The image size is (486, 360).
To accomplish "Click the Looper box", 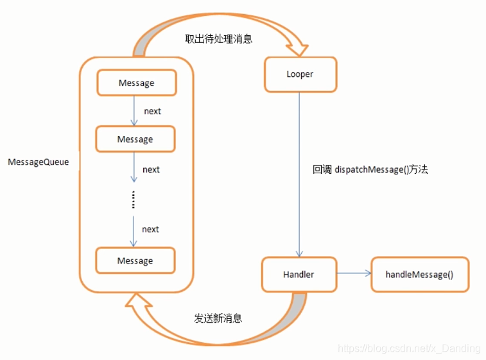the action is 300,74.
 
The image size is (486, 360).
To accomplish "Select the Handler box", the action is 299,275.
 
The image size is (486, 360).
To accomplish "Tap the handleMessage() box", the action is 420,275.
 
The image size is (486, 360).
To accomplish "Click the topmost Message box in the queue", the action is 137,83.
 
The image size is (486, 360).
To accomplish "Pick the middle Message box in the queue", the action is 135,139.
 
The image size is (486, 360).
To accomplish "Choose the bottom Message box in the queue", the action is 135,261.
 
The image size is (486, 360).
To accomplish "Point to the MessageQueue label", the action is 39,162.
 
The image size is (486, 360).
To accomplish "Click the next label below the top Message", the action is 153,111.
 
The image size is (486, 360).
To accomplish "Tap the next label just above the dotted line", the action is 152,170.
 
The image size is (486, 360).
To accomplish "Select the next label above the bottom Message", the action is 151,230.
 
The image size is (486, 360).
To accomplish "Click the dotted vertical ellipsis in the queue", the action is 134,200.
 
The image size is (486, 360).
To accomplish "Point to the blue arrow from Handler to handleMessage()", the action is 354,273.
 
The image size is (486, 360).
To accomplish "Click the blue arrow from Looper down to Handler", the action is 299,175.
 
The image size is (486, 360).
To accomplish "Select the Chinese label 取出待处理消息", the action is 219,39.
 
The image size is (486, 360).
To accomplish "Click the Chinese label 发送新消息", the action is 218,318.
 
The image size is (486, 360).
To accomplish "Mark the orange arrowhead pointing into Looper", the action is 297,49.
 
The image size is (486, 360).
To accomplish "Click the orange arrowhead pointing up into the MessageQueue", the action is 137,300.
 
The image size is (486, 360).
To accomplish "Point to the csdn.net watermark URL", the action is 409,348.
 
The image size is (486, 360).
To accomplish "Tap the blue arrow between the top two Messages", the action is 134,111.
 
